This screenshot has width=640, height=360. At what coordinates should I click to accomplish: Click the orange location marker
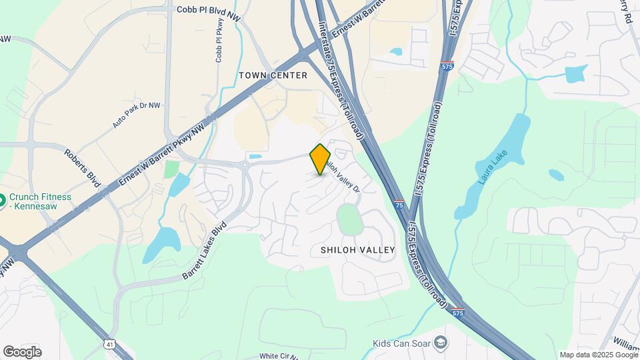point(320,159)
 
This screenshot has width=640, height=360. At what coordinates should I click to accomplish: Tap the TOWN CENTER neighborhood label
point(273,75)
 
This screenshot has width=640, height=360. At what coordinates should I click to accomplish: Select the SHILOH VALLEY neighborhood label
point(358,250)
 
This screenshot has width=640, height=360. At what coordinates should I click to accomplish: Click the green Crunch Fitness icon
point(3,199)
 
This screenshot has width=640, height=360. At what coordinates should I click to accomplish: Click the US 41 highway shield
point(108,343)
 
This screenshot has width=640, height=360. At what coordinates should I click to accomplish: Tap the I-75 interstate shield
point(398,204)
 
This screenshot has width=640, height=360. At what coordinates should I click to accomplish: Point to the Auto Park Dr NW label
point(137,115)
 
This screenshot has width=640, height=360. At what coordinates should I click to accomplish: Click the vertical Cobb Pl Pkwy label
point(219,40)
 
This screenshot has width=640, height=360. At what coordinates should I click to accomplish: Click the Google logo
point(22,351)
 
